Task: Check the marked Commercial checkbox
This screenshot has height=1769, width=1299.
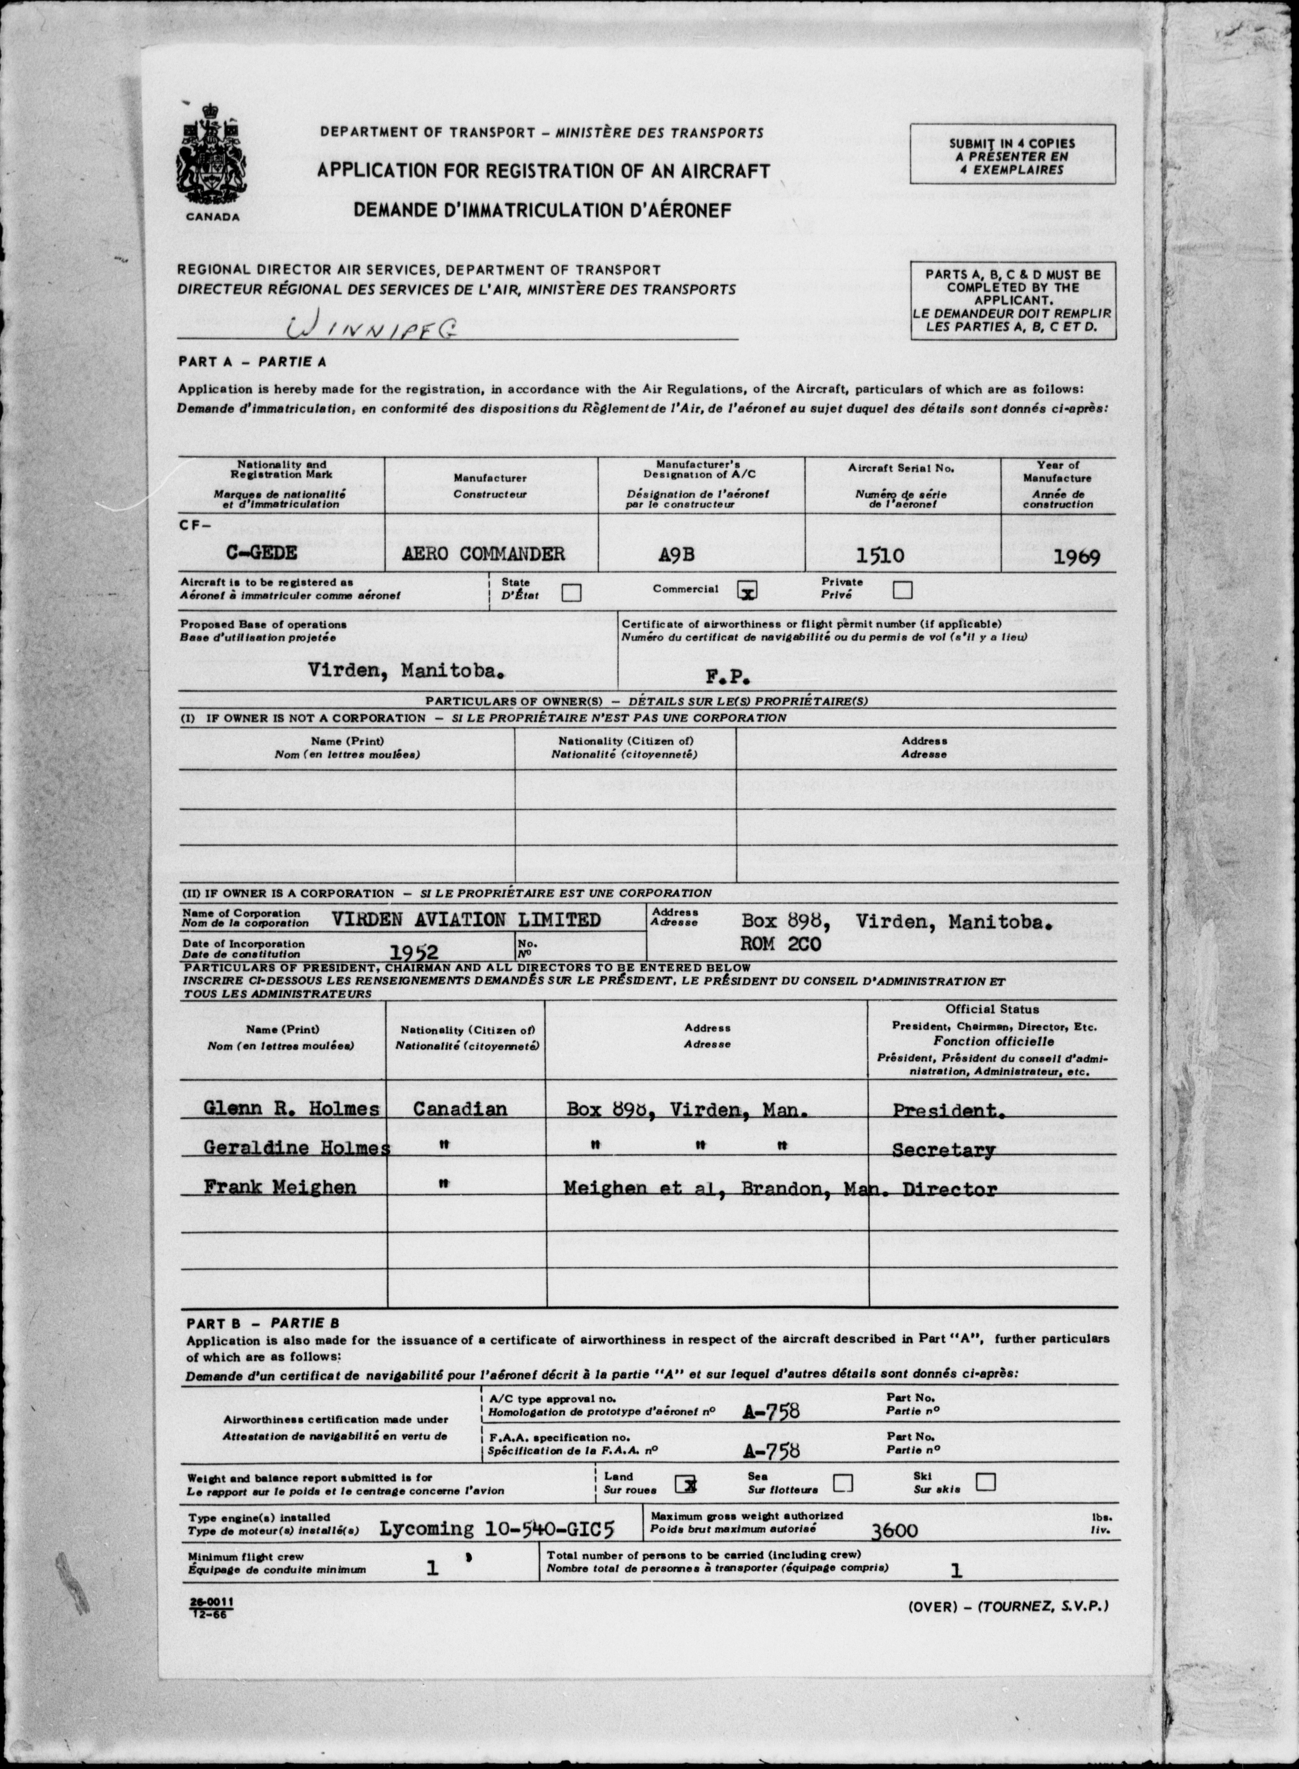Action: click(x=747, y=590)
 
